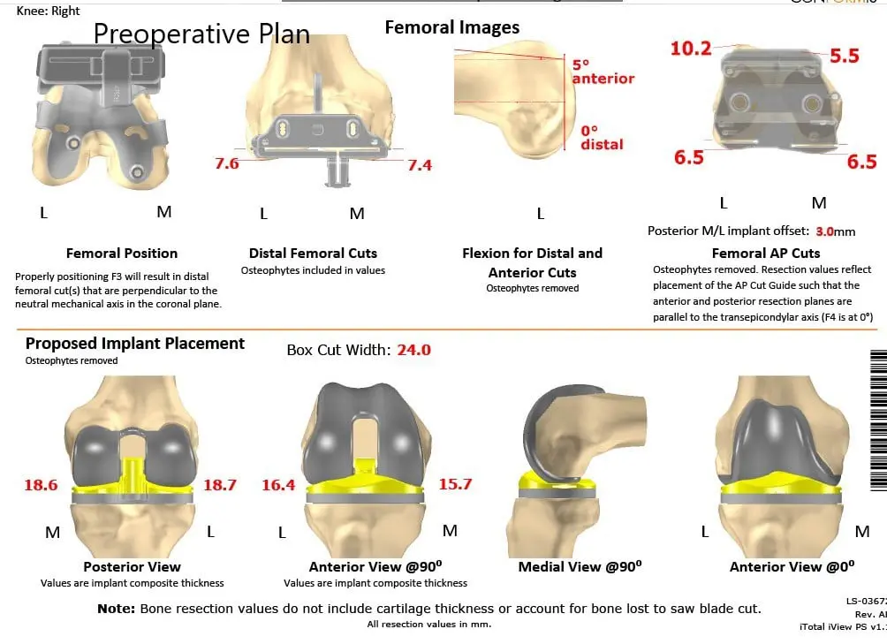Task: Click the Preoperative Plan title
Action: [201, 34]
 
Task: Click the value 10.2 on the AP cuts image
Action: [691, 49]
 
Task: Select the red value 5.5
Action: [844, 56]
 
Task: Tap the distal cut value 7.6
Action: [227, 163]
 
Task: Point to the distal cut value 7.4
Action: [420, 165]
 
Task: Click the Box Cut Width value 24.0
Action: [413, 350]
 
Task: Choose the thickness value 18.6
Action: [41, 485]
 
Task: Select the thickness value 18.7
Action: [221, 485]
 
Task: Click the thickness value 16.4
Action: [278, 485]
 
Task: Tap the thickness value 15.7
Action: [455, 484]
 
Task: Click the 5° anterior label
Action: [603, 72]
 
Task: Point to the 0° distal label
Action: [602, 138]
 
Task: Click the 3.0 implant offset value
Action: [824, 231]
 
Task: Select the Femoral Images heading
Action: [451, 27]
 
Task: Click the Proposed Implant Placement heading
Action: [135, 344]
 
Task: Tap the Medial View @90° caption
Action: [580, 566]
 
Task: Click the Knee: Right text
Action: [49, 11]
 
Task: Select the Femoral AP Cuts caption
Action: [766, 253]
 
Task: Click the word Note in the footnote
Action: [117, 609]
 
